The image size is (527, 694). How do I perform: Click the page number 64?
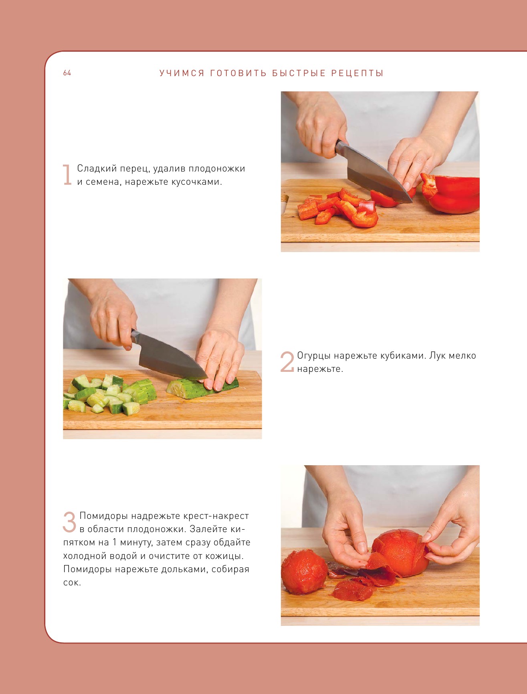[x=67, y=73]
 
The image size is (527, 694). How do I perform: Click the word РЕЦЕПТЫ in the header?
[x=357, y=73]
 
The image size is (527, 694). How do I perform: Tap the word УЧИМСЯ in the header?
[x=182, y=73]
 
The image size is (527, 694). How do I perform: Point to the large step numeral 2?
[x=287, y=362]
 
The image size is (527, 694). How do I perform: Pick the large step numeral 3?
[x=69, y=522]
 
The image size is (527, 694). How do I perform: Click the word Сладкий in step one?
[x=97, y=169]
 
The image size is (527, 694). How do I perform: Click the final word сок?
[x=72, y=583]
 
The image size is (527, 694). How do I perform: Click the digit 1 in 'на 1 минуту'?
[x=114, y=543]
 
